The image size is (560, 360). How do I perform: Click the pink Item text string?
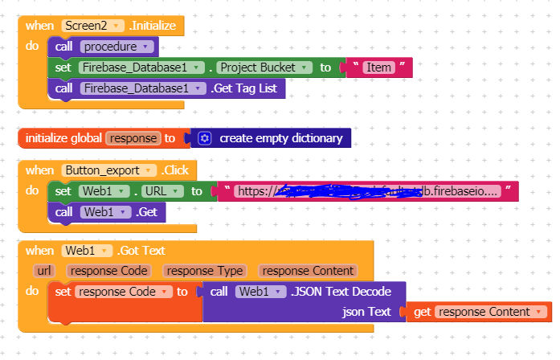378,67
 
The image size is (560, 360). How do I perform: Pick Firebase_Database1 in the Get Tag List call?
142,88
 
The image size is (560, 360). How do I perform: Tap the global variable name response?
133,138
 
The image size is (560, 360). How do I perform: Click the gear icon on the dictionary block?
205,138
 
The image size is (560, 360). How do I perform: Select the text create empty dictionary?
280,138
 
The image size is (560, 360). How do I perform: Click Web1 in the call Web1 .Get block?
104,212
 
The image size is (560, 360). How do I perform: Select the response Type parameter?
206,271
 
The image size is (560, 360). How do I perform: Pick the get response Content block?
479,312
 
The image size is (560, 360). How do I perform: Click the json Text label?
366,312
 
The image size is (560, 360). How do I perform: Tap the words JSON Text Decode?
345,291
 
